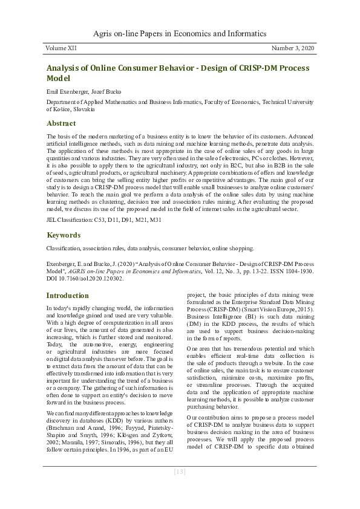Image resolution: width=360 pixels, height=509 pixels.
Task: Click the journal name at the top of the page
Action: point(180,33)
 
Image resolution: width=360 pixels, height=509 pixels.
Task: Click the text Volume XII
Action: point(62,47)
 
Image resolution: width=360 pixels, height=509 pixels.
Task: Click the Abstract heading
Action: point(61,123)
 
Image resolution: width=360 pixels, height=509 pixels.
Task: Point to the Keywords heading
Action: point(64,235)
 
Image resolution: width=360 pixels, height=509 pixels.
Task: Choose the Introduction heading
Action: point(68,296)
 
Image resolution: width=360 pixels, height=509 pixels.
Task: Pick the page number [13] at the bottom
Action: point(180,472)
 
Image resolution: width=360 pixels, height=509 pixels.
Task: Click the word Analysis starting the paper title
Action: point(68,68)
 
